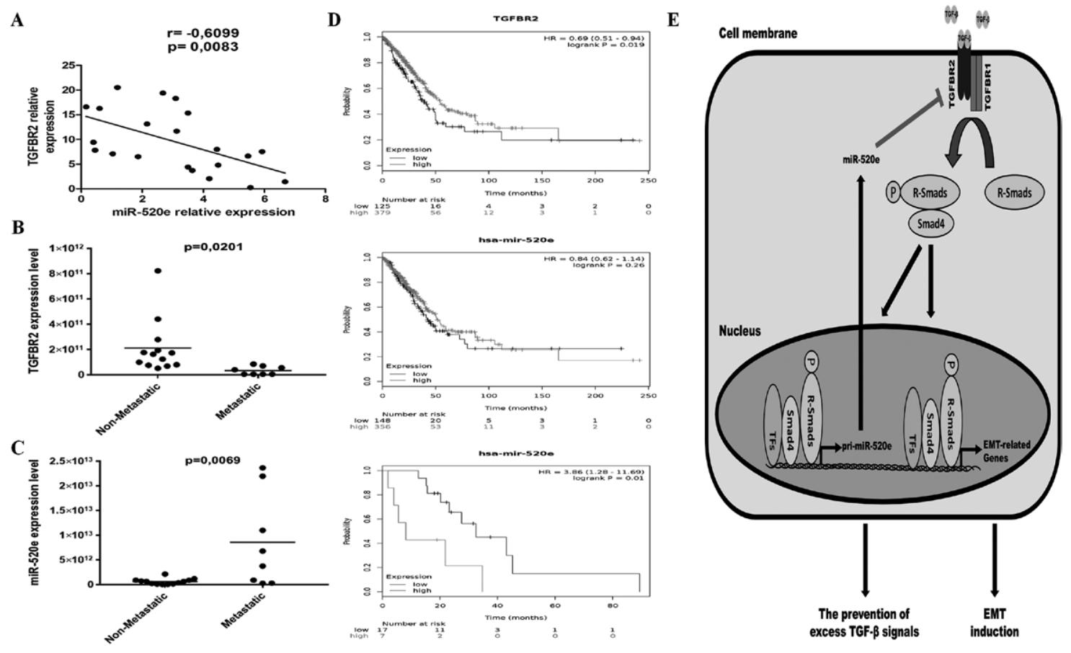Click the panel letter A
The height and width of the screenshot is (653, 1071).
pos(17,19)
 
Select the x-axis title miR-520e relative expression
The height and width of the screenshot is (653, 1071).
pos(203,212)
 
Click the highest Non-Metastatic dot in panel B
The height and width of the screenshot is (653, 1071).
pos(158,271)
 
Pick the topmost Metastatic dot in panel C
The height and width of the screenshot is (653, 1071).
pos(262,468)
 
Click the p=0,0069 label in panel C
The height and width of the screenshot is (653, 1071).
pos(213,460)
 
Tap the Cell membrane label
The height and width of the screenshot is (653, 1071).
pos(757,33)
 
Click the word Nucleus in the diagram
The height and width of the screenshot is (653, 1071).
pos(739,331)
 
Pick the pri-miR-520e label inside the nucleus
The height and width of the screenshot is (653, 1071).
pos(867,446)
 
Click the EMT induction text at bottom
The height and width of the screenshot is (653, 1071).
pos(994,623)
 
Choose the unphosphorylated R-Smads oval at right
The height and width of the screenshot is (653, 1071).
pos(1014,192)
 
